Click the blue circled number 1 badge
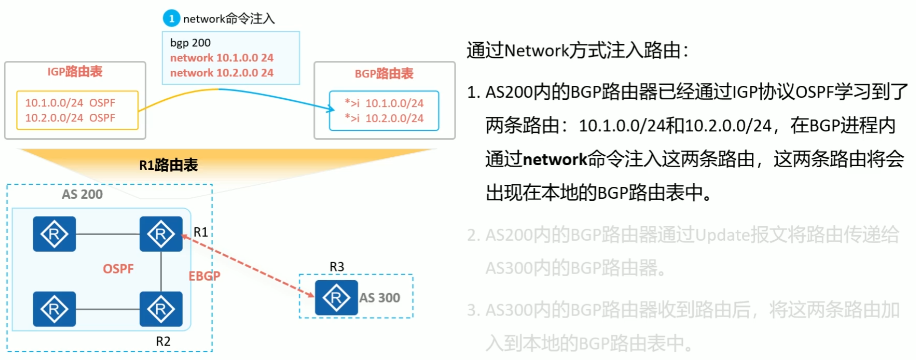[171, 18]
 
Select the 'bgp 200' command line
[190, 43]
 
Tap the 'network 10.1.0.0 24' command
[222, 58]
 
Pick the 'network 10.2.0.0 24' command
[222, 73]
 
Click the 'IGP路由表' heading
[75, 72]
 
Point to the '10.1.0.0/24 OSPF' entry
[70, 103]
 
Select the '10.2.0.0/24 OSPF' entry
[70, 118]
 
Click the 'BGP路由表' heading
[384, 74]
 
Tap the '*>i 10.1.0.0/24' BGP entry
[384, 103]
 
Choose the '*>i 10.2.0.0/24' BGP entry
[384, 118]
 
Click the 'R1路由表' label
[168, 165]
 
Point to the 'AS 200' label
[82, 194]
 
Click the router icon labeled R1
[161, 234]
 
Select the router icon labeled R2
[161, 309]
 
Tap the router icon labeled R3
[336, 298]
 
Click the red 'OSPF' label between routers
[118, 269]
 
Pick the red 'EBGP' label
[204, 276]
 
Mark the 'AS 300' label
[380, 298]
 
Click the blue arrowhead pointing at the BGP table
[330, 108]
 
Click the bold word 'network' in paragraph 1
[555, 159]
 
